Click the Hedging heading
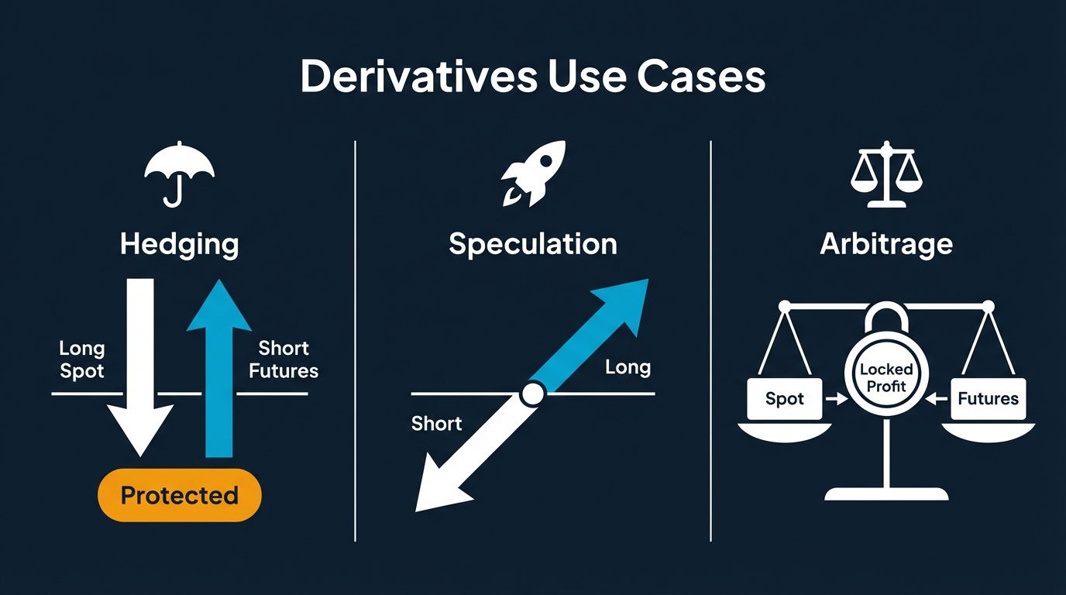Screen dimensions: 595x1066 click(179, 244)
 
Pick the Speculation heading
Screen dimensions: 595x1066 click(533, 244)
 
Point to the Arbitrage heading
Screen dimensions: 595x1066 click(886, 244)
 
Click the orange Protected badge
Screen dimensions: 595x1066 click(180, 495)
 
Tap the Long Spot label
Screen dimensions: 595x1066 click(81, 359)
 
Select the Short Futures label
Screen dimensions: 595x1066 click(284, 359)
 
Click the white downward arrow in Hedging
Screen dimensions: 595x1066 click(139, 364)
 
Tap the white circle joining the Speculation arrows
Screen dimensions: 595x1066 click(532, 394)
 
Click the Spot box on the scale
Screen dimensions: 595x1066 click(784, 399)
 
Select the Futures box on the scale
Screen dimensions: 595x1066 click(988, 399)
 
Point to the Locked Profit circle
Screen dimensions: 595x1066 click(886, 377)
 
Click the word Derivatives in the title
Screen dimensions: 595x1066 click(417, 77)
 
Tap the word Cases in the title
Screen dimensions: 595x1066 click(701, 77)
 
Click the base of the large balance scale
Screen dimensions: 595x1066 click(886, 494)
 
